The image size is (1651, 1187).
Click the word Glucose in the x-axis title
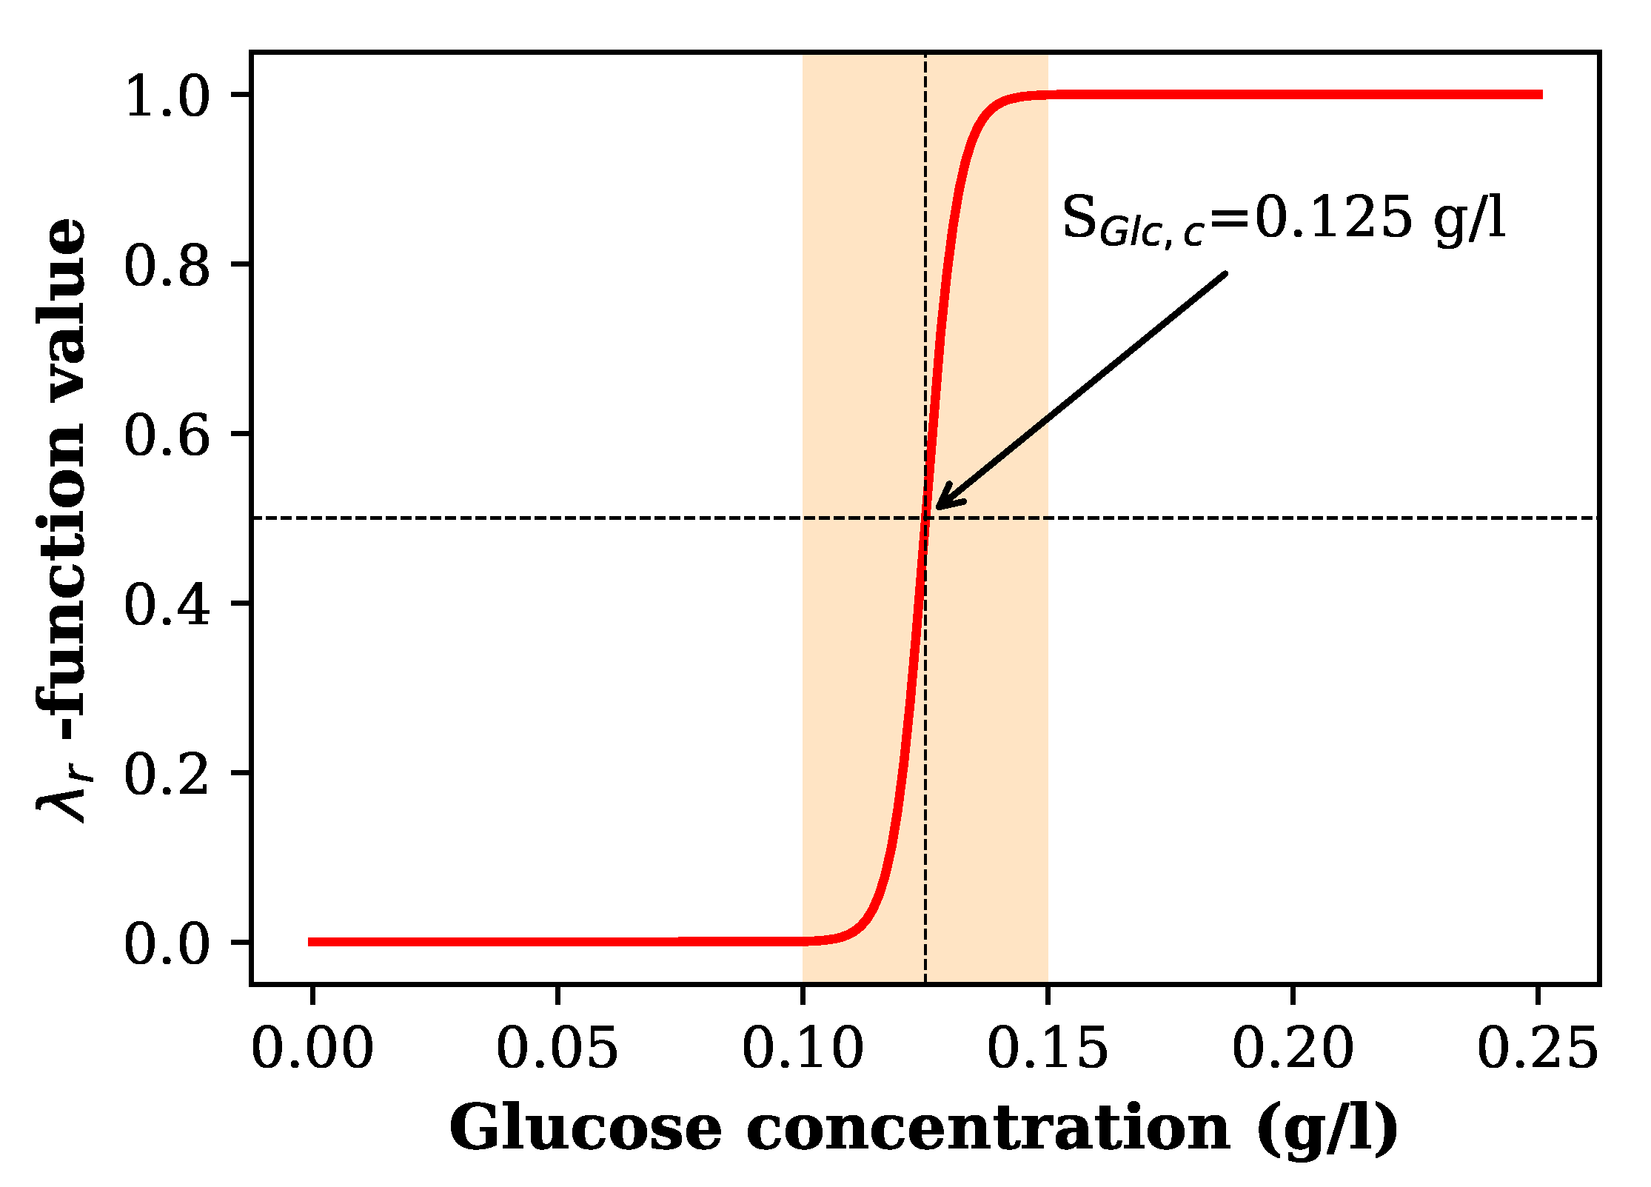[585, 1129]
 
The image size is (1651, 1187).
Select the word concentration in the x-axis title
[988, 1129]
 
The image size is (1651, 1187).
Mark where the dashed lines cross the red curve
[925, 518]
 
